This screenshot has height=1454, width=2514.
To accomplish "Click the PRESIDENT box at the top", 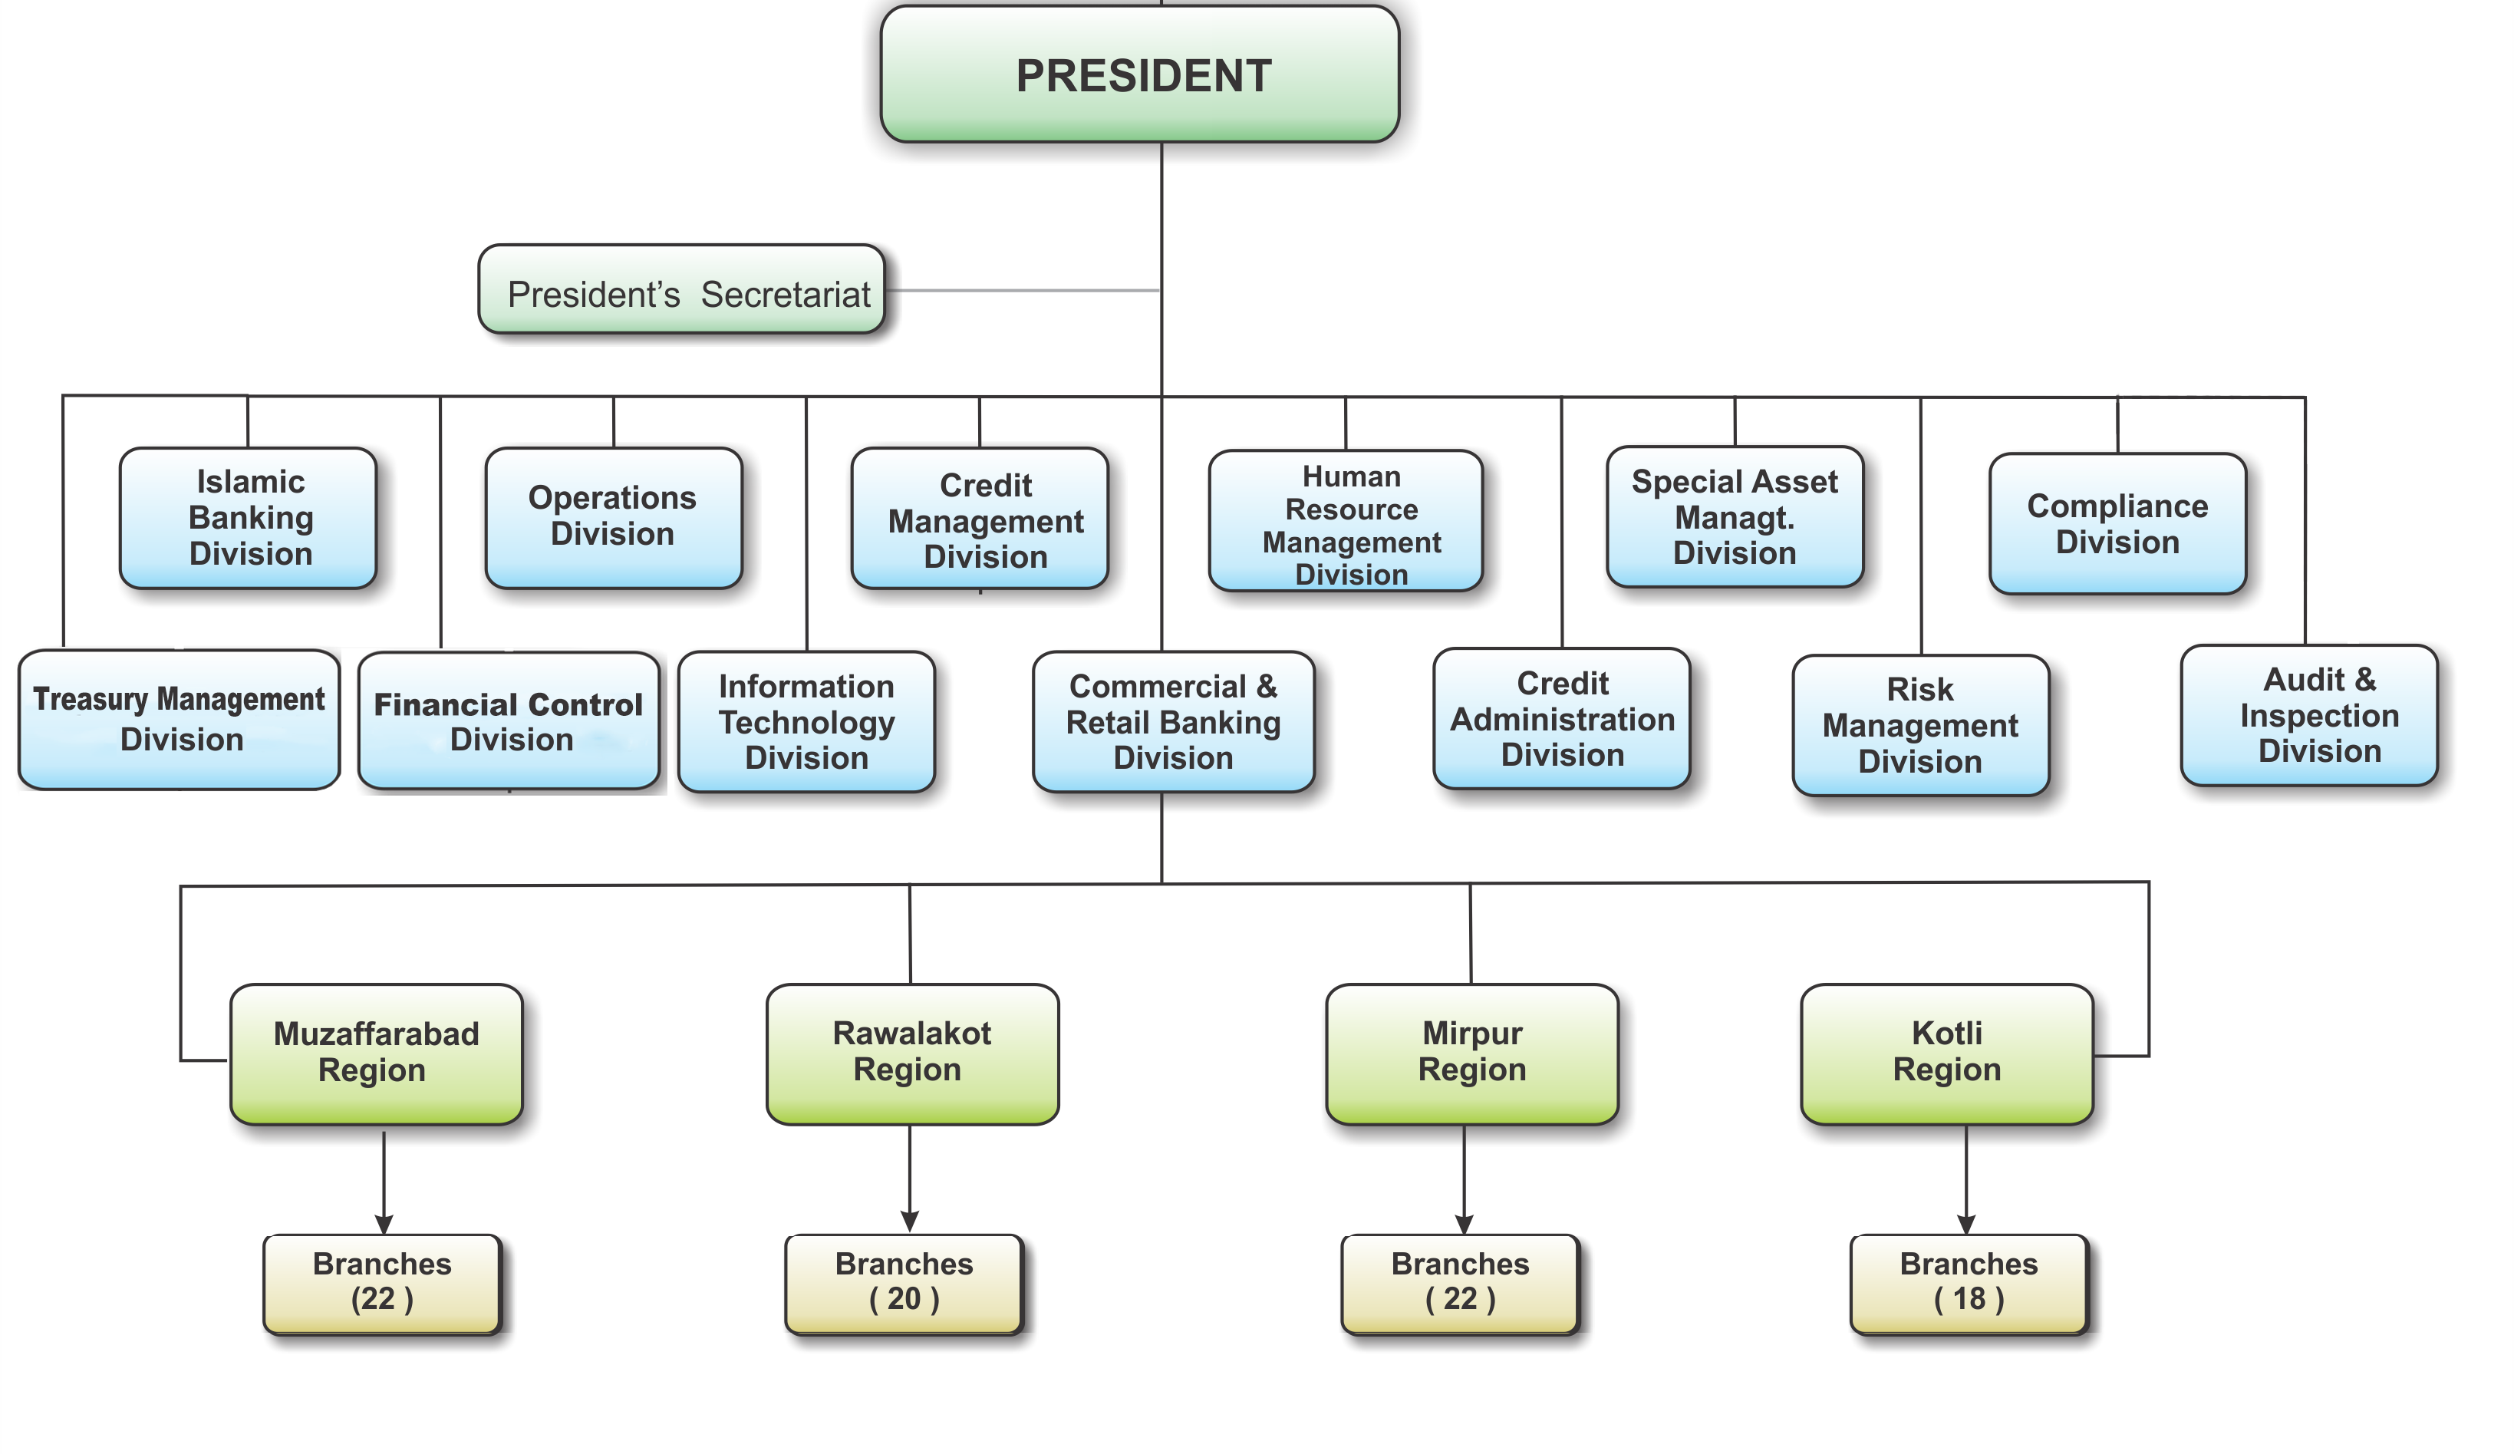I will (1142, 76).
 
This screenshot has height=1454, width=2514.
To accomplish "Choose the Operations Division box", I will (612, 516).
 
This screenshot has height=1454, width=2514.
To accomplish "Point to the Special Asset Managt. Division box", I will (1734, 517).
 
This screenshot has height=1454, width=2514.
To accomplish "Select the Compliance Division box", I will (2117, 524).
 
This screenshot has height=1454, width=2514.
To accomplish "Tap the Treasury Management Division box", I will (180, 718).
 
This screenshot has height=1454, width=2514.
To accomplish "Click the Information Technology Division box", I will (806, 721).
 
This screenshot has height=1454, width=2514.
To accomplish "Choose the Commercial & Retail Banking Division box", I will (1173, 721).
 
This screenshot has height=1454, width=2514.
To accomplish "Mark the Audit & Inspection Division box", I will (2318, 716).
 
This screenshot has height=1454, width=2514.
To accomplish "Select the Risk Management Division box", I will (1919, 726).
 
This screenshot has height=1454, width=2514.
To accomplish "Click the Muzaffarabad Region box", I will (376, 1052).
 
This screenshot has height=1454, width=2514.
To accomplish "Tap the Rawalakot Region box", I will (911, 1051).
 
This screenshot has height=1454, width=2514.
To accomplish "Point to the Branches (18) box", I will (1969, 1282).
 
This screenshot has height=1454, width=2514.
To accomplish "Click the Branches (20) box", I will (904, 1282).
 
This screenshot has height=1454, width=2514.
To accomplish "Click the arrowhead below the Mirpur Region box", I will (1465, 1224).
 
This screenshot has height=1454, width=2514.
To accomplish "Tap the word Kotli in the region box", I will (1946, 1033).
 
